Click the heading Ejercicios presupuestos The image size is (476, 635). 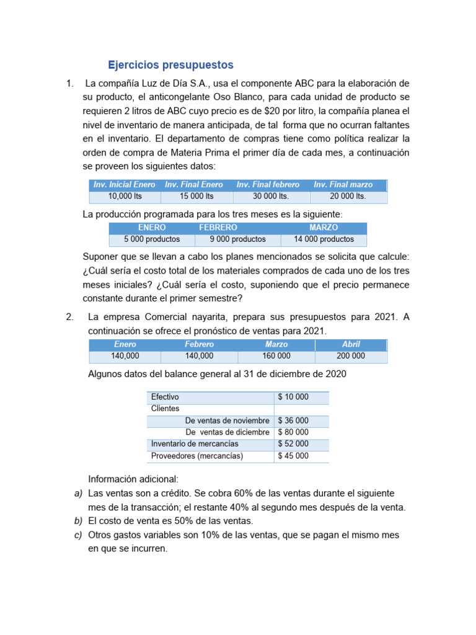[170, 64]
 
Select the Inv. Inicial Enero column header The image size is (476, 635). [125, 185]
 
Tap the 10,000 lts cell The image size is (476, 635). [125, 197]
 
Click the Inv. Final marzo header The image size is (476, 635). [343, 185]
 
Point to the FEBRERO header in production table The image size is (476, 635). [218, 228]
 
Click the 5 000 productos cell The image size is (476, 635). [152, 239]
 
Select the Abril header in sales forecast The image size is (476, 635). [351, 344]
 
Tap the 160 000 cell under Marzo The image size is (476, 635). [276, 356]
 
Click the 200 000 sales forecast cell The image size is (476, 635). [351, 356]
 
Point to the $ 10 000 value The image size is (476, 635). [294, 397]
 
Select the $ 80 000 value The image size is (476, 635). [294, 432]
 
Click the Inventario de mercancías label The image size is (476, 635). [195, 444]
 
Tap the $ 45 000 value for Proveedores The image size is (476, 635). [294, 456]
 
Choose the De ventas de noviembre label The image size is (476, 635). [227, 420]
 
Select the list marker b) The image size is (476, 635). [78, 521]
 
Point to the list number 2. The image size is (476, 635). [69, 317]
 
